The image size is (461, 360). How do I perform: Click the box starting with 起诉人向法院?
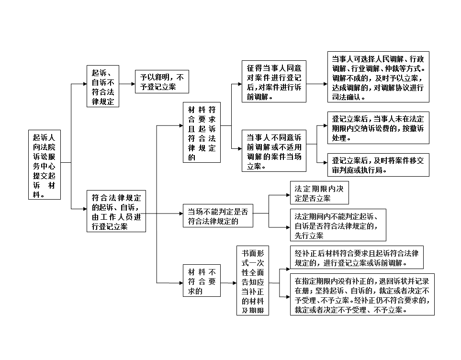pos(45,165)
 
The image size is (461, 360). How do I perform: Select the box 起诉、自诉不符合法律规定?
pos(103,86)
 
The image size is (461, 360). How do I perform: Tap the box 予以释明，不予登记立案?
pos(162,82)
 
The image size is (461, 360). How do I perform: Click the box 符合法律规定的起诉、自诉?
pos(116,211)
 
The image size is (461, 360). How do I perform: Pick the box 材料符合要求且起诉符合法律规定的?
pos(202,132)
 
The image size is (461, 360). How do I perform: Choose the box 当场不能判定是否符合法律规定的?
pos(218,215)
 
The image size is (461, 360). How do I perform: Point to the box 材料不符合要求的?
pos(202,281)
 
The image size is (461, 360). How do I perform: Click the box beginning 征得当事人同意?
pos(274,81)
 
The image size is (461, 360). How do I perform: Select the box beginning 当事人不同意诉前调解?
pos(274,151)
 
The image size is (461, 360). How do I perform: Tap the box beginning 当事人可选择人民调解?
pos(378,77)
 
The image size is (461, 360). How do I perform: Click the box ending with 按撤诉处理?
pos(378,128)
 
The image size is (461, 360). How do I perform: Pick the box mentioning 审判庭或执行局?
pos(378,165)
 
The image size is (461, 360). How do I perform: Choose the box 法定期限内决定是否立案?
pos(320,192)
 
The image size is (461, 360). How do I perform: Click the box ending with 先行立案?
pos(338,225)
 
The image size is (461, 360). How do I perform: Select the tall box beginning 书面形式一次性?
pos(253,281)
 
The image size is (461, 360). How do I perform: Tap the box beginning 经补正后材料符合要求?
pos(357,258)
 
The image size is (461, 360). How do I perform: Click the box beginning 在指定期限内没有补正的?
pos(362,294)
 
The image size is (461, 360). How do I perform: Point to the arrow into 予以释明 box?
pos(127,84)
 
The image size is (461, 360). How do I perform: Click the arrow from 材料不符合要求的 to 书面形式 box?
pos(228,283)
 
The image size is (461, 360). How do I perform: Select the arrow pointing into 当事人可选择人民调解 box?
pos(317,84)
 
